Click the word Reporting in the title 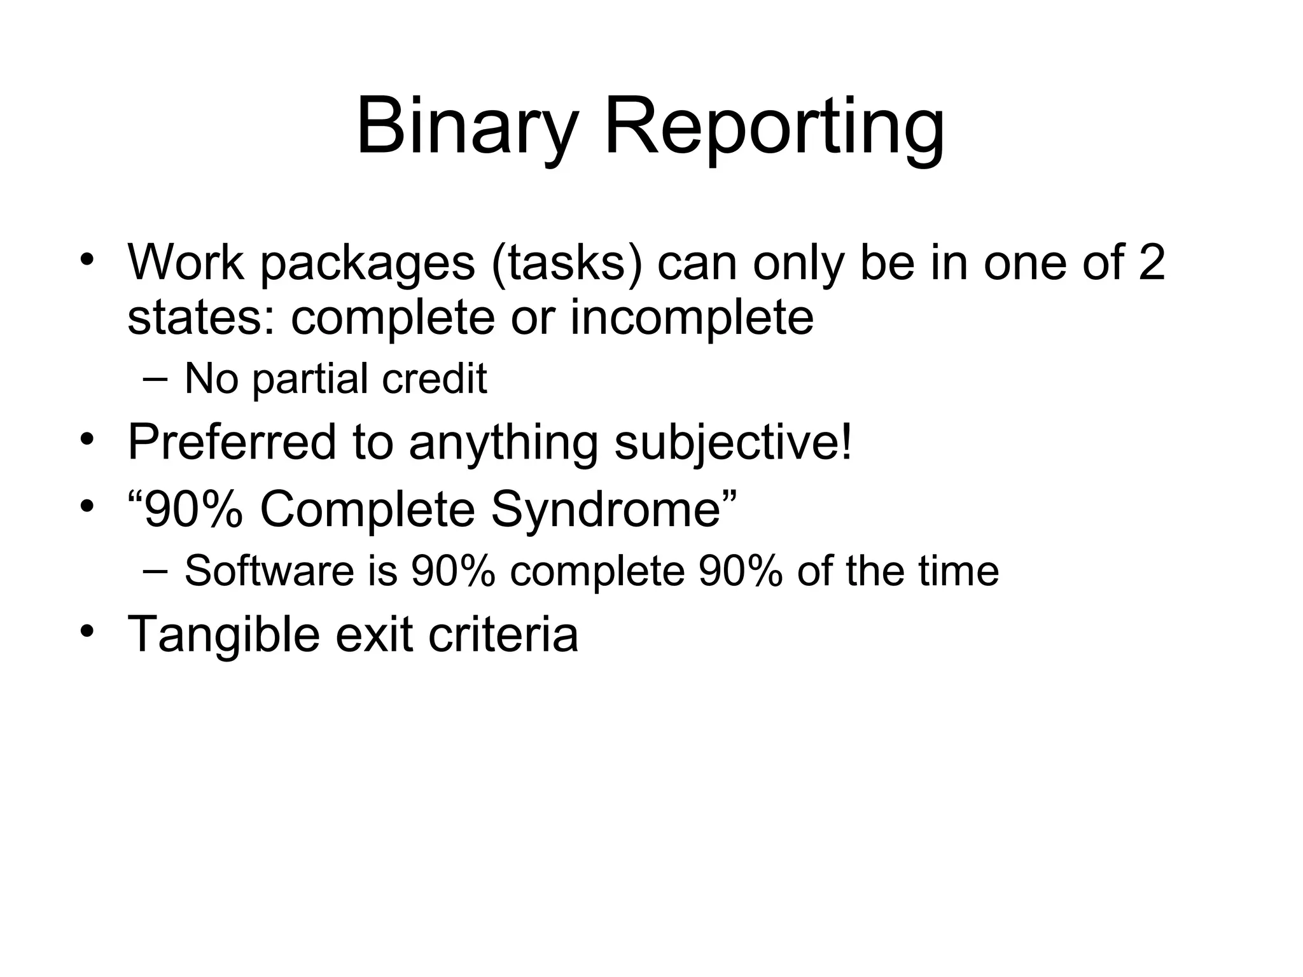pos(774,127)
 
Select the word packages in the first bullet pos(367,263)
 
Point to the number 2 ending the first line pos(1152,261)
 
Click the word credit pos(435,378)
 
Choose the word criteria pos(503,634)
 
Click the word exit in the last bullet pos(373,634)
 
